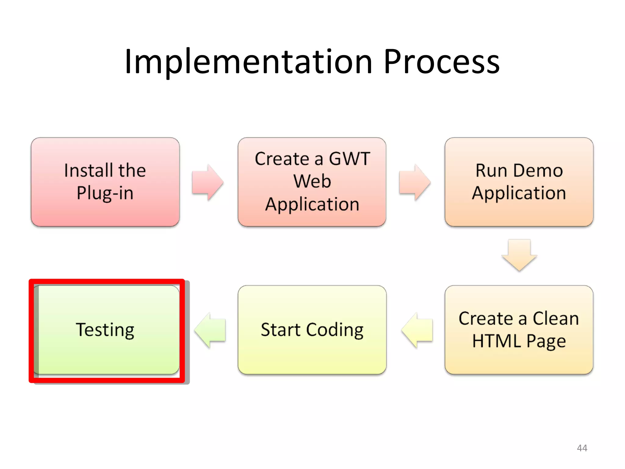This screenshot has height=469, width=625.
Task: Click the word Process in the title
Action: coord(442,62)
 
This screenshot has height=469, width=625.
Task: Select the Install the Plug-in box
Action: coord(105,182)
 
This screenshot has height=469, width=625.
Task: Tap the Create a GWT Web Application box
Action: coord(312,182)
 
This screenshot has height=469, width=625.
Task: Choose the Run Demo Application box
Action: coord(519,182)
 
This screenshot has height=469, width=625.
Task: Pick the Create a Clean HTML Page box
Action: coord(519,330)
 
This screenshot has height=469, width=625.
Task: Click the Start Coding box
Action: coord(312,330)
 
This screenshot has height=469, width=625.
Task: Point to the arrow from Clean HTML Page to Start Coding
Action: coord(417,330)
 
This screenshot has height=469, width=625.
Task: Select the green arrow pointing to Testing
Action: coord(210,330)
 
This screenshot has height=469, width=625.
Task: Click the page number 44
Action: coord(582,448)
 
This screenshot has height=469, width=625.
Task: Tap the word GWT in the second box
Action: coord(349,159)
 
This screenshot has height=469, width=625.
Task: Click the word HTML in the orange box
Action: coord(496,341)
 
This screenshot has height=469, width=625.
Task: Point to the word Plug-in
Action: coord(105,193)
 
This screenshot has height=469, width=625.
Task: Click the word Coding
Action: coord(335,330)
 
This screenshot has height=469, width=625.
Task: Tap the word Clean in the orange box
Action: coord(555,318)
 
